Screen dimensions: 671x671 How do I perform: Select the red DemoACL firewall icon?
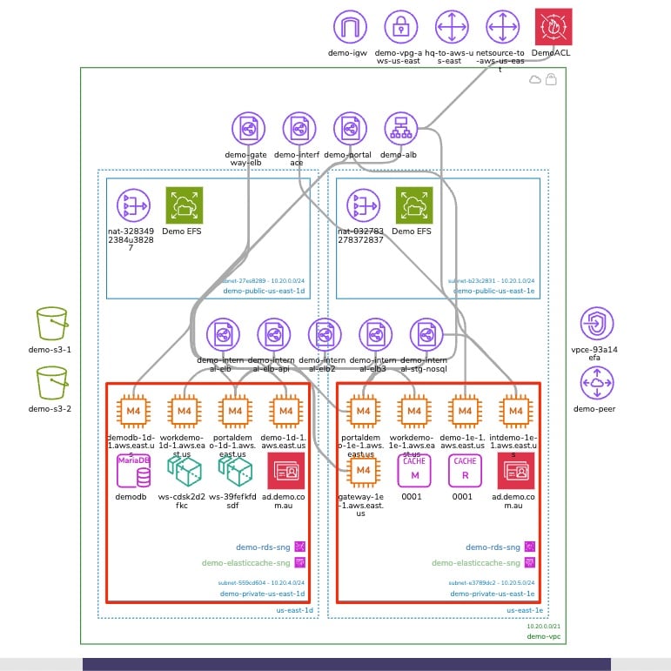click(x=553, y=27)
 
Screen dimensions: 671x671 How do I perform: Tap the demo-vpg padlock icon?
click(x=401, y=27)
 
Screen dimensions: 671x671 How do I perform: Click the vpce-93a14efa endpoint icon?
click(x=597, y=324)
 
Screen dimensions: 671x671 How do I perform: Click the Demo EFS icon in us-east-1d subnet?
click(x=184, y=205)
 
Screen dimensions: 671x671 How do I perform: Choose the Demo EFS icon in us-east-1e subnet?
click(x=413, y=205)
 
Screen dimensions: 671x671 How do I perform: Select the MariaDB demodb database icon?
click(x=133, y=471)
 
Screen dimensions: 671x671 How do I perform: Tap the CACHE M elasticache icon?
click(x=414, y=471)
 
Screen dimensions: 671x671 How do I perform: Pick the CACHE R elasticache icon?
click(x=465, y=471)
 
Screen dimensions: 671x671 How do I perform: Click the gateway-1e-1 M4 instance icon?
click(x=363, y=471)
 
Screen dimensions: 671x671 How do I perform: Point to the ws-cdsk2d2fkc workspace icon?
click(x=184, y=471)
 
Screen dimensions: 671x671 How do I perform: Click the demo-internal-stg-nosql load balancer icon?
click(x=426, y=335)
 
